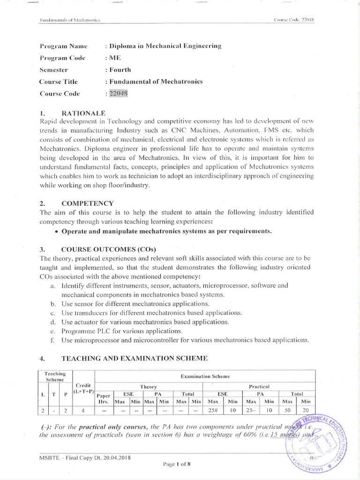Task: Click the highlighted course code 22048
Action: [x=118, y=94]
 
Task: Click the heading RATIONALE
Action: [x=84, y=113]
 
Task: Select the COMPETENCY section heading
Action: [x=88, y=203]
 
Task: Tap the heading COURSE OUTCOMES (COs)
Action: [x=105, y=248]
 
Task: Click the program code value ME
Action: [x=115, y=58]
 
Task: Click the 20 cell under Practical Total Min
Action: [x=305, y=411]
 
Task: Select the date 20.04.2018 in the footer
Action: [x=115, y=458]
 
